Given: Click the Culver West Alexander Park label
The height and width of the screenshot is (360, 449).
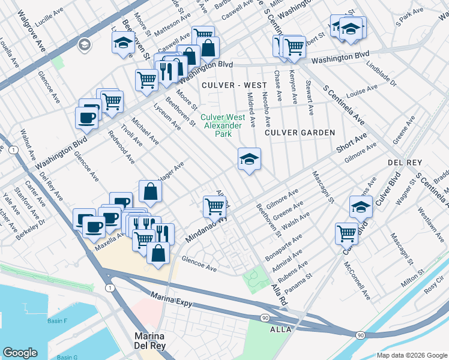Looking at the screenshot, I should click(x=222, y=125).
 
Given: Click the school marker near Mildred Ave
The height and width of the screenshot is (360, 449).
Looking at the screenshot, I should click(x=249, y=160).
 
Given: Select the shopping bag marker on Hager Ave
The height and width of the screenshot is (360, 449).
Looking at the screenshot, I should click(x=150, y=191).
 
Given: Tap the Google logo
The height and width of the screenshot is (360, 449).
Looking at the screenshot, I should click(x=20, y=353).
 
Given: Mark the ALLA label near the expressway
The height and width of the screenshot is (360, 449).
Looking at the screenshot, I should click(x=280, y=329).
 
